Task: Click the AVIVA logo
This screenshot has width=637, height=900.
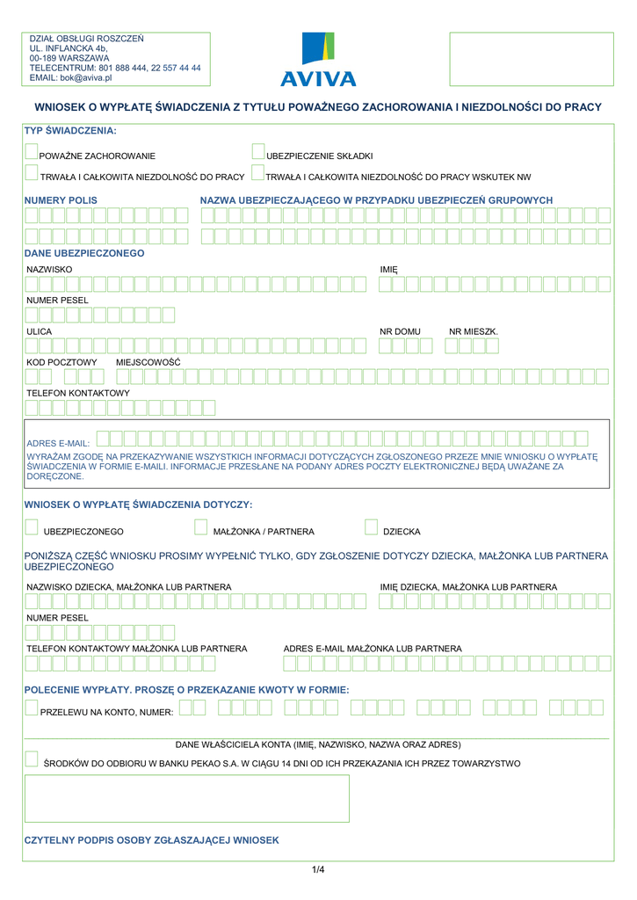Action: (318, 60)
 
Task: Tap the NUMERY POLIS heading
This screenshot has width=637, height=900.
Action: (61, 200)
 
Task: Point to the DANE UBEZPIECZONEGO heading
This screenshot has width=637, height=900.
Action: (84, 253)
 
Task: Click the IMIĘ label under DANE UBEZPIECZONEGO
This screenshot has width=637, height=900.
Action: (388, 269)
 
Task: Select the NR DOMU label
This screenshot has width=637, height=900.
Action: (400, 331)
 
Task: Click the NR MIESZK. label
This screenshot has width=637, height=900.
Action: (473, 331)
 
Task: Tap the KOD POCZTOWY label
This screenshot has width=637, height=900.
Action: (62, 362)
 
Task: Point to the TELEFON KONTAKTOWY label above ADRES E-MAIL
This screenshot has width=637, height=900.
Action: (78, 393)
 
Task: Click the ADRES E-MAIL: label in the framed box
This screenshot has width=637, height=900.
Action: (58, 444)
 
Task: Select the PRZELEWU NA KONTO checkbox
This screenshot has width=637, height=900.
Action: (32, 708)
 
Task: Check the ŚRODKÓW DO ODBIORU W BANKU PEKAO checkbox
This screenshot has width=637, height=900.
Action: (32, 760)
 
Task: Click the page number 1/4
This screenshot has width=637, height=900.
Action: (318, 870)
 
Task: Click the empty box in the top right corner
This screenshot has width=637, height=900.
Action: (531, 59)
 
